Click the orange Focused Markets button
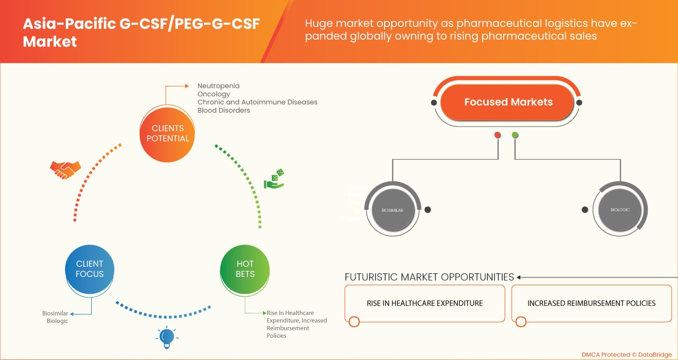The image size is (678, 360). coord(508,102)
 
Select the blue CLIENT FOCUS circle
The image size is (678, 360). coord(90,269)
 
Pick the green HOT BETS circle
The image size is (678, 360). coord(245,269)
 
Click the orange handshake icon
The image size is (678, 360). coord(65,169)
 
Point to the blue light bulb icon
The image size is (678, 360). coord(167,338)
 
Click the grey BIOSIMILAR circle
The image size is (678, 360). coord(392,210)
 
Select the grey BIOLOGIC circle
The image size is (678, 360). coord(620,210)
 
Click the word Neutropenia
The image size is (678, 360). coord(218,86)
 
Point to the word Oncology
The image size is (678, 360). coord(213,94)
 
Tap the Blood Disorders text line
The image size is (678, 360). coord(224,111)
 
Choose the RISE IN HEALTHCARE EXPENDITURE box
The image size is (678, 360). coord(425,303)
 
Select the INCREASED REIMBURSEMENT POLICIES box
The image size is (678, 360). coord(591,303)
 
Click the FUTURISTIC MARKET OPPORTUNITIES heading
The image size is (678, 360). coord(429,277)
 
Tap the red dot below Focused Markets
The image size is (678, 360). coord(497,135)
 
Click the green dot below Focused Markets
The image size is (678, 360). coord(515,135)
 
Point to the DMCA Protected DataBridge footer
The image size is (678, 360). coord(626,354)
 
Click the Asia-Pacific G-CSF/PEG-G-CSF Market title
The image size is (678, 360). coord(141,33)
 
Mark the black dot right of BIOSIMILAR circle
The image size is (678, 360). coord(427,210)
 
